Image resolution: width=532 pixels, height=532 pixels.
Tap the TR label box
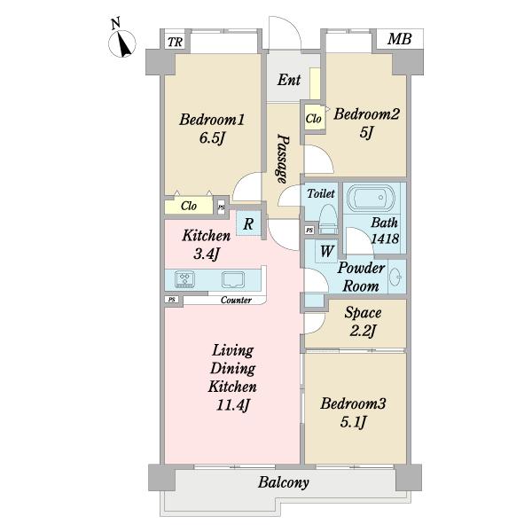[x=175, y=42]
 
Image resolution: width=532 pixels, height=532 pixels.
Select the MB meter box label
[x=400, y=39]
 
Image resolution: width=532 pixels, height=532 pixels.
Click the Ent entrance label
[x=289, y=80]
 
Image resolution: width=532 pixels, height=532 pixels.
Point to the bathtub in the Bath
[x=372, y=198]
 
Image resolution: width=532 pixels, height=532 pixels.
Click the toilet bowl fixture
[x=328, y=219]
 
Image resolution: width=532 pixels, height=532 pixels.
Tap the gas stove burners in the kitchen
[x=185, y=279]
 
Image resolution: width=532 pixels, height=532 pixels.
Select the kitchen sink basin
[x=232, y=279]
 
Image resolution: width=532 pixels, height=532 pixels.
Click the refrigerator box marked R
[x=248, y=223]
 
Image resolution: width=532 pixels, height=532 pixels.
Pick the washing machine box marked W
[x=326, y=251]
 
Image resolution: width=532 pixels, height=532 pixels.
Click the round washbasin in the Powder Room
[x=397, y=277]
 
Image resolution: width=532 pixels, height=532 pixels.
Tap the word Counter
[x=236, y=301]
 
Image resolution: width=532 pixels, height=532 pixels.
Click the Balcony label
[x=284, y=482]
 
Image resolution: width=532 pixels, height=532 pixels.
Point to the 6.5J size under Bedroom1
[x=213, y=137]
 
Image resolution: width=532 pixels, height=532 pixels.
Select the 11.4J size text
[x=232, y=405]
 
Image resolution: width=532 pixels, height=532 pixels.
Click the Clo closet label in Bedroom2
[x=313, y=119]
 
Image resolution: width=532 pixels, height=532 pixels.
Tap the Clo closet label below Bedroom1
[x=189, y=206]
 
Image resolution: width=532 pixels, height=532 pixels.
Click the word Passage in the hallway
[x=282, y=159]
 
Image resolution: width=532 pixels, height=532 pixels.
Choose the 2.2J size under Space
[x=363, y=331]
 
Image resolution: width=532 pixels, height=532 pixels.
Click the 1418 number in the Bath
[x=385, y=239]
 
